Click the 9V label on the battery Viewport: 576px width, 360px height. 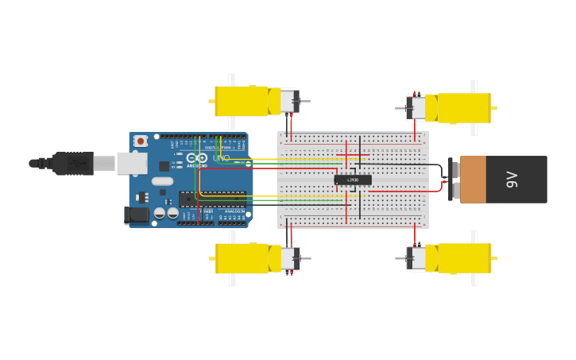512,180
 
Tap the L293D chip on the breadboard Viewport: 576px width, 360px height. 353,180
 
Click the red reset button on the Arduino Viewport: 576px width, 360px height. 141,141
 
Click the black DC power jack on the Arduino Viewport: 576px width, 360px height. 137,214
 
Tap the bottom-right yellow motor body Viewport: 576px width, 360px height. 464,258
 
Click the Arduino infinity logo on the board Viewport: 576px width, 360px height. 196,158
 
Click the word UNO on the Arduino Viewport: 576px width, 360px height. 221,158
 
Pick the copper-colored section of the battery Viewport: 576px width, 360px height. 473,180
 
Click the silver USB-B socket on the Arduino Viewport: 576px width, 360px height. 132,163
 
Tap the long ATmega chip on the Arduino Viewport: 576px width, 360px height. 211,199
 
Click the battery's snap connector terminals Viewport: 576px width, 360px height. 451,180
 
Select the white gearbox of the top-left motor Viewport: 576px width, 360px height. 285,101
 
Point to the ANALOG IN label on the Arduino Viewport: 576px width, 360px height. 233,211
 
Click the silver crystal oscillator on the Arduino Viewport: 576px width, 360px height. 161,181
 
